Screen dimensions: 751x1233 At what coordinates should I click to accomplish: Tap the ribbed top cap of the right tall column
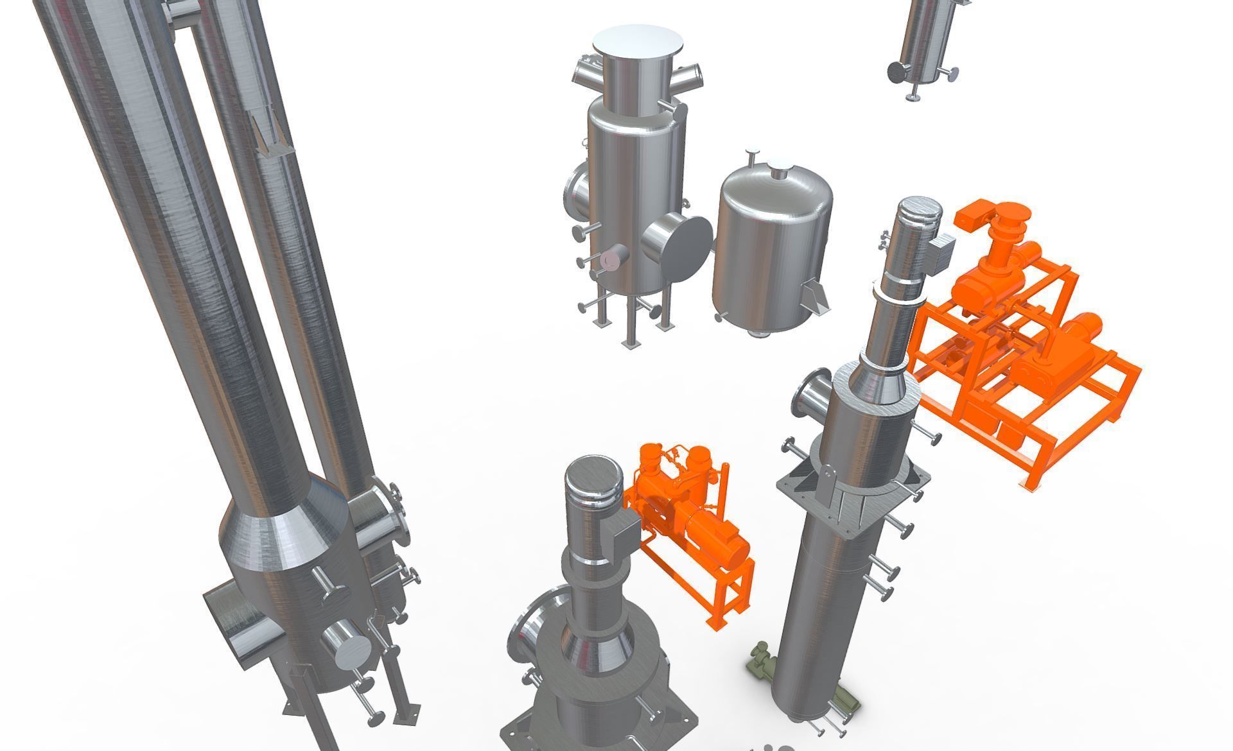tap(919, 218)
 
